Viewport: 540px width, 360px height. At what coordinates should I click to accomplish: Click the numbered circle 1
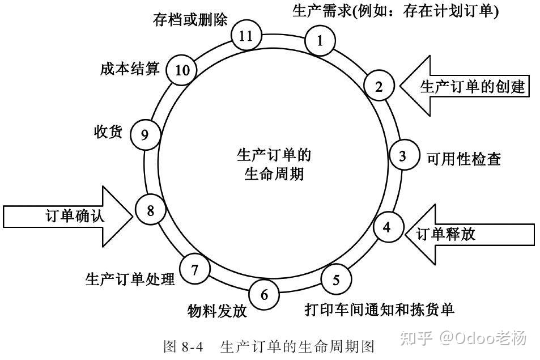tap(320, 41)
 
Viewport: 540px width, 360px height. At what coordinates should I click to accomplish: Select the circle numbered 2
tap(379, 86)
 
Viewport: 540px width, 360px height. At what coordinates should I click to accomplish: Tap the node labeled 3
tap(402, 156)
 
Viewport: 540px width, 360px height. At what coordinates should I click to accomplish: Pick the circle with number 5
tap(337, 279)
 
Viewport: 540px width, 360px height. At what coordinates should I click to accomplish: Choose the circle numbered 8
tap(150, 211)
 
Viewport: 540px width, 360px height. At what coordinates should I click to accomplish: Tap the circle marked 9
tap(144, 134)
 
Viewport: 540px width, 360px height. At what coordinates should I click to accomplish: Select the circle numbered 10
tap(182, 70)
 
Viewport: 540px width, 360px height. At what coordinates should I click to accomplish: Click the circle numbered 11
tap(245, 37)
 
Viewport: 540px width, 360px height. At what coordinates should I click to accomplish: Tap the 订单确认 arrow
tap(68, 215)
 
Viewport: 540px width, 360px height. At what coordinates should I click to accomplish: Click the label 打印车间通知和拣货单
tap(380, 310)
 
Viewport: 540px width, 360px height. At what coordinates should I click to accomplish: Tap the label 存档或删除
tap(190, 20)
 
